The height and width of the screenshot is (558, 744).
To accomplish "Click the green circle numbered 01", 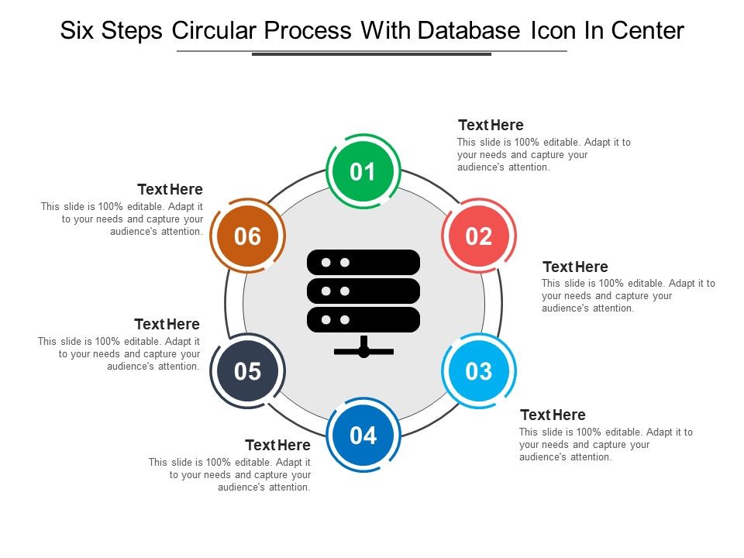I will (x=363, y=172).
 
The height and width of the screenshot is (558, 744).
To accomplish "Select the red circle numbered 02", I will (x=479, y=236).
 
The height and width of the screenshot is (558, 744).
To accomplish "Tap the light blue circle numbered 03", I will (x=479, y=371).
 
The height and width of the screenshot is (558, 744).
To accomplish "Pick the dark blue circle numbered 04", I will (x=363, y=436).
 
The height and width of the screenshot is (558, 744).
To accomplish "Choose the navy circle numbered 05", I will (x=247, y=371).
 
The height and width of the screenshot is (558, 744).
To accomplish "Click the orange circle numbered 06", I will (x=247, y=236).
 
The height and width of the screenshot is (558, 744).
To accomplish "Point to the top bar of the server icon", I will (x=363, y=262).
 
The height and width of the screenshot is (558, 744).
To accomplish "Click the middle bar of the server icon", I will (x=363, y=291).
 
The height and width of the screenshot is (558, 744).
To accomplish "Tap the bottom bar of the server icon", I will (x=363, y=319).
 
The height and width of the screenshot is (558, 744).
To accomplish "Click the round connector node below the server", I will (x=363, y=352).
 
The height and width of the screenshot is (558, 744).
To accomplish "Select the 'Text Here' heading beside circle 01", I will (x=491, y=126).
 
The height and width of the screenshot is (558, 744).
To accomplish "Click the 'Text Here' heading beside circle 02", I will (x=575, y=267).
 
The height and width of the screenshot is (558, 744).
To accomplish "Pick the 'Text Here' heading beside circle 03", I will (x=553, y=415).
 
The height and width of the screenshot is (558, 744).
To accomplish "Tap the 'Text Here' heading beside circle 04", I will (x=277, y=446).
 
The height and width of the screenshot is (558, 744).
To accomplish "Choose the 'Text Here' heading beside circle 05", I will (x=167, y=324).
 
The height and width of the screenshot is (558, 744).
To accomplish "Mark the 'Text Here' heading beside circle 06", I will (x=170, y=190).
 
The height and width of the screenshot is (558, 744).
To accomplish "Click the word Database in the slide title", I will (x=469, y=31).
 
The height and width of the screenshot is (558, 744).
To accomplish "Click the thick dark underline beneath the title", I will (x=372, y=54).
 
